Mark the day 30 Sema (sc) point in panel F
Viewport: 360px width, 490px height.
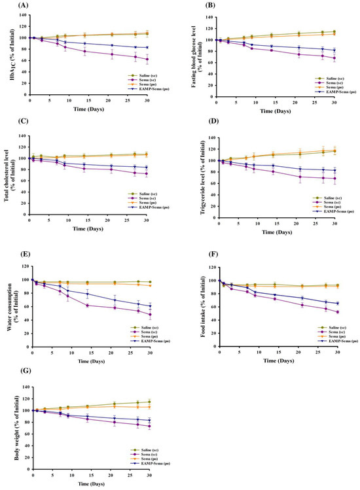[337, 312]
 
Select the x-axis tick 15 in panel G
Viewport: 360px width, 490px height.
[90, 477]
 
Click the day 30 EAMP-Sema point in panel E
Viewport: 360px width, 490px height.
[150, 306]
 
